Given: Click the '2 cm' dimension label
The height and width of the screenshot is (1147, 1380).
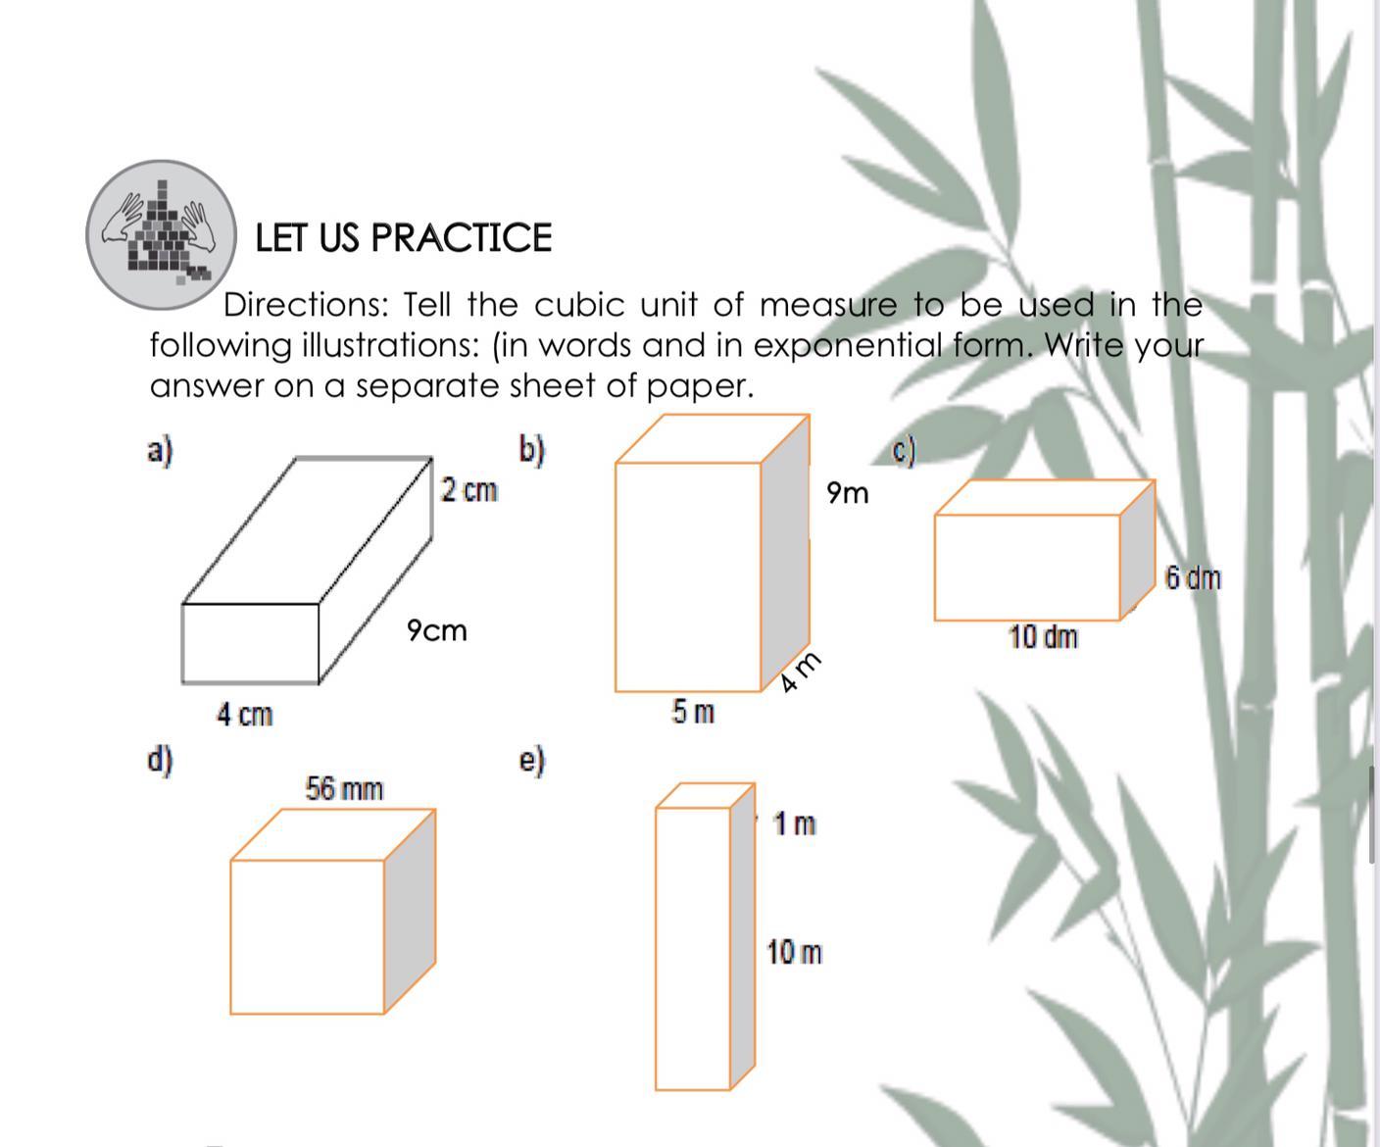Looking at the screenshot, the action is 469,490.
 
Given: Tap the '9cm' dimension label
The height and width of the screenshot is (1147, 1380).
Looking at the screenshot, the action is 437,630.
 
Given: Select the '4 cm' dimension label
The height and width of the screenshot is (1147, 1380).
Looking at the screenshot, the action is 245,715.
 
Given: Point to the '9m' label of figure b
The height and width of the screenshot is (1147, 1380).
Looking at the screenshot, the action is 847,493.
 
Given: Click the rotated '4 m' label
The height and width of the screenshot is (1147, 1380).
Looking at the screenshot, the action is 799,673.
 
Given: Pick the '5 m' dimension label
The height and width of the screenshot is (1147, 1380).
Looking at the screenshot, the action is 693,712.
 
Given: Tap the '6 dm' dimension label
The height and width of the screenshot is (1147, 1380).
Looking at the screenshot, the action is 1193,577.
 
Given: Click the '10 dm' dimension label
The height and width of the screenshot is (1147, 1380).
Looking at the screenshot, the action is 1043,636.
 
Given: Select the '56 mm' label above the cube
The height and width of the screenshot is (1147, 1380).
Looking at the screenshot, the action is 344,789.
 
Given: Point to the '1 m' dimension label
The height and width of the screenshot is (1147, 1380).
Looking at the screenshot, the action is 795,823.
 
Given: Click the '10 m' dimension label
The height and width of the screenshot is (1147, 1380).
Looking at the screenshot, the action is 795,953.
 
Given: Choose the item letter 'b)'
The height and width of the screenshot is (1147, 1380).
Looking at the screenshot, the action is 532,450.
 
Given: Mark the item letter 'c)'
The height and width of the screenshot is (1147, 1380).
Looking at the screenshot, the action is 904,452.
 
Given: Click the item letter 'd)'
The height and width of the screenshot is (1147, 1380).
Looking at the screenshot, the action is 160,761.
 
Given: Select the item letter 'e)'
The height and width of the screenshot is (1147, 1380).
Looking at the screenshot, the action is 532,761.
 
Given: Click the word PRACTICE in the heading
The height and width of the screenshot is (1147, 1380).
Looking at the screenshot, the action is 462,238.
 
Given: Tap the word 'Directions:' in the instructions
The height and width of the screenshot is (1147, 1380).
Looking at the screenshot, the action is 306,306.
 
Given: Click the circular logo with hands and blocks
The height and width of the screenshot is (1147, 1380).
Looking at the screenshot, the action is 162,234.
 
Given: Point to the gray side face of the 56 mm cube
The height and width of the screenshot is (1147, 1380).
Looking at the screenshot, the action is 410,911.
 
